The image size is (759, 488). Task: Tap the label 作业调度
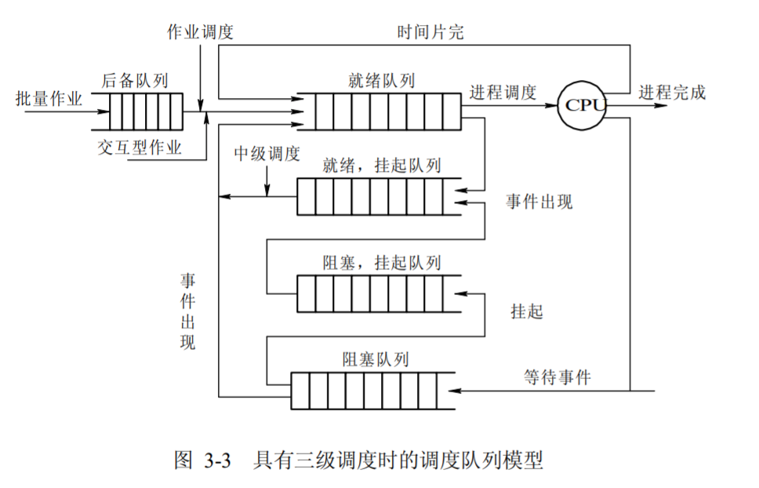[200, 32]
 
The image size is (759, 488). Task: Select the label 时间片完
[430, 32]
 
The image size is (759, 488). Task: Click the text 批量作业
[49, 98]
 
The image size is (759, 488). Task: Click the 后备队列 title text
[135, 80]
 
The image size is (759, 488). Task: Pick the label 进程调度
[503, 93]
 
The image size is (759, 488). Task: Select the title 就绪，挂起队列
[382, 166]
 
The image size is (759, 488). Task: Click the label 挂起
[526, 311]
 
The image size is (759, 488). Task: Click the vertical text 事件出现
[188, 311]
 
